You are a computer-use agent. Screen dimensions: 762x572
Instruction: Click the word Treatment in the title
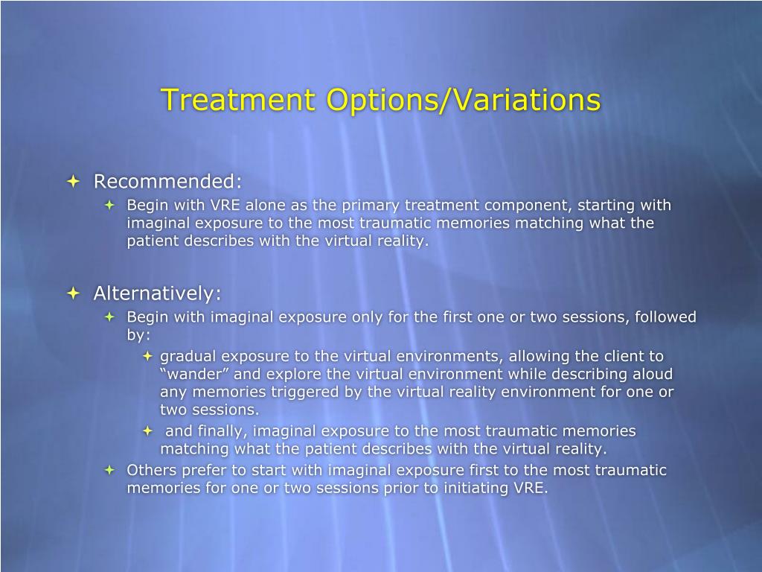[238, 99]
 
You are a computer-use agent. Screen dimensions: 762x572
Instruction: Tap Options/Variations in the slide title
[464, 101]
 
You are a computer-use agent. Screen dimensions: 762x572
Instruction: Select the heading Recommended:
[167, 181]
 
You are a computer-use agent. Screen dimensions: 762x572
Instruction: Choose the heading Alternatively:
[158, 293]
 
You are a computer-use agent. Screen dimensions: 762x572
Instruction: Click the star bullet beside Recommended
[74, 182]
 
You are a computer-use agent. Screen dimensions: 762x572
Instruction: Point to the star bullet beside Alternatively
[74, 293]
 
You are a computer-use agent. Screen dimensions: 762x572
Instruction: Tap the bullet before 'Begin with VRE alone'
[110, 205]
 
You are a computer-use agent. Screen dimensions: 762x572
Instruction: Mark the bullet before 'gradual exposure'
[148, 356]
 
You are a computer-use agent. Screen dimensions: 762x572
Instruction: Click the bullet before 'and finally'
[148, 431]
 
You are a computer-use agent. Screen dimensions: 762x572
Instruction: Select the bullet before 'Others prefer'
[110, 470]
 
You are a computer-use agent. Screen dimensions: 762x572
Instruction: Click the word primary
[371, 206]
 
